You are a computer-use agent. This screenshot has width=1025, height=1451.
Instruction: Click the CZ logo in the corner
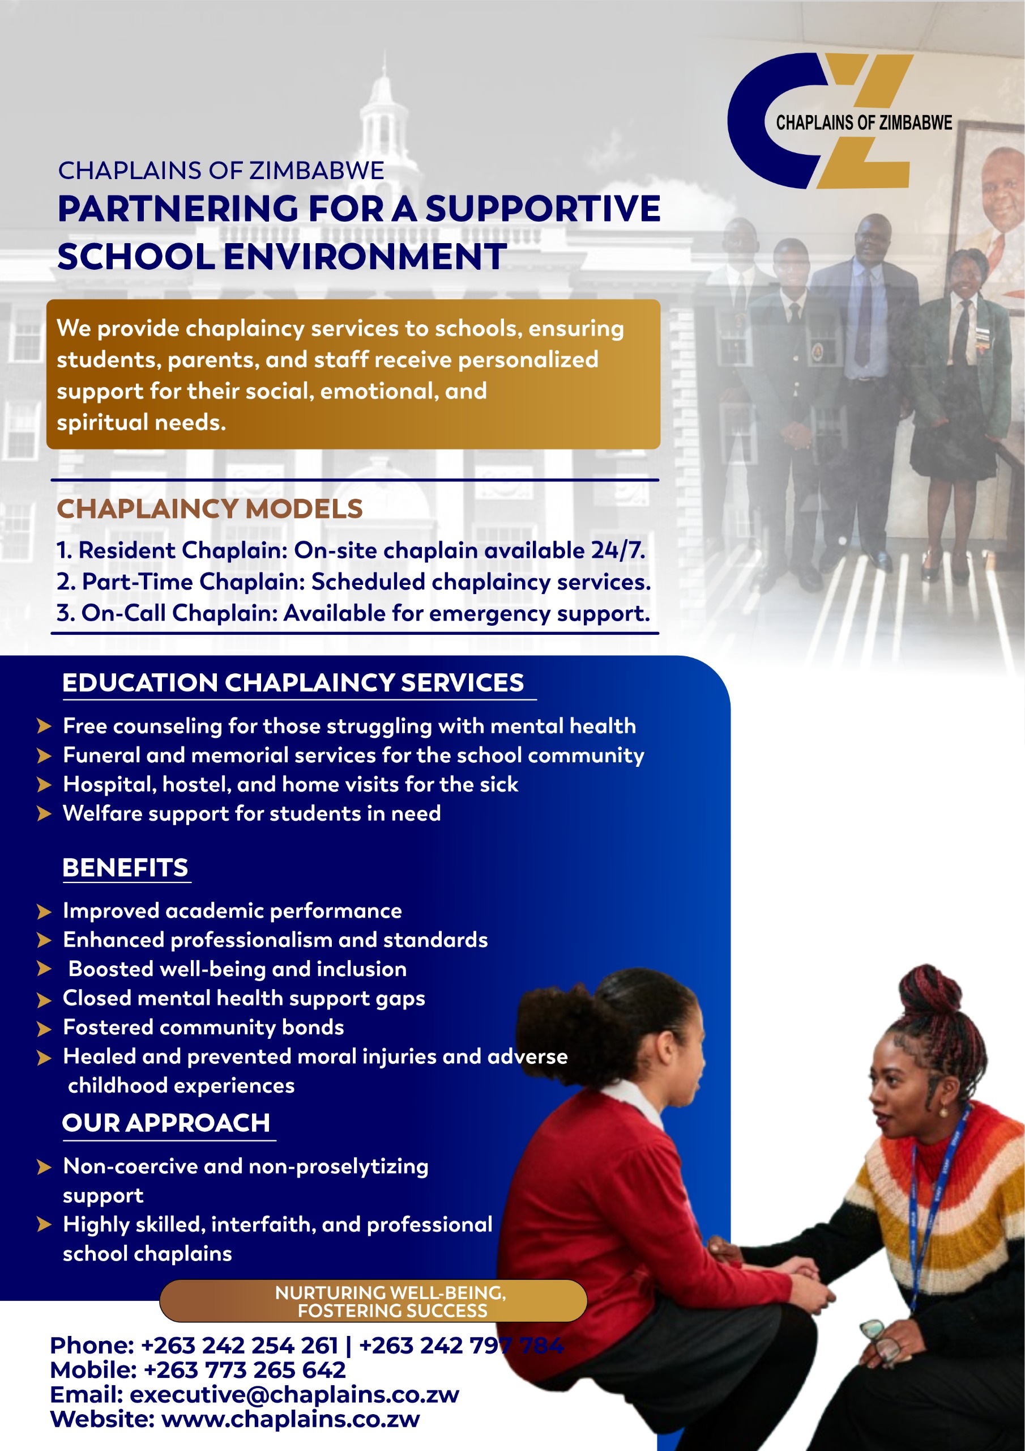click(x=834, y=121)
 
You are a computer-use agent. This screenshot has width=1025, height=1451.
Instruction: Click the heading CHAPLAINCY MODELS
click(x=210, y=509)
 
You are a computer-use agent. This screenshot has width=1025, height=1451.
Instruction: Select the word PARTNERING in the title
click(x=177, y=209)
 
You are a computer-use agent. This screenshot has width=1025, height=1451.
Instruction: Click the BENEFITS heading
click(x=125, y=868)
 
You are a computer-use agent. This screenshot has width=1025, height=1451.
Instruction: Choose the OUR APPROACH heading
click(x=166, y=1123)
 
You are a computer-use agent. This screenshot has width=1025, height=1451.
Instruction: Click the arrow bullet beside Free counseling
click(x=44, y=726)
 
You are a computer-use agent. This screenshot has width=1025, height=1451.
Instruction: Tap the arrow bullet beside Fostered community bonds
click(x=44, y=1029)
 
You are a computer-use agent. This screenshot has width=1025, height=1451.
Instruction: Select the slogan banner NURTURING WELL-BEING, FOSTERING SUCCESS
click(x=374, y=1301)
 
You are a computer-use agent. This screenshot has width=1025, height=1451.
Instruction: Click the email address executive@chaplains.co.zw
click(x=294, y=1394)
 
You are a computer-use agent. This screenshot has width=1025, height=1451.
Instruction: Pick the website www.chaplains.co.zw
click(x=291, y=1419)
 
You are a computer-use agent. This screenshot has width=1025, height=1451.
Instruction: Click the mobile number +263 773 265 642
click(x=245, y=1370)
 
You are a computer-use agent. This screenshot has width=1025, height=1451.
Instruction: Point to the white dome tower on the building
click(x=383, y=108)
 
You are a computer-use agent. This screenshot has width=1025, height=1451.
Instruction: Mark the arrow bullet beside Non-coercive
click(x=44, y=1166)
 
